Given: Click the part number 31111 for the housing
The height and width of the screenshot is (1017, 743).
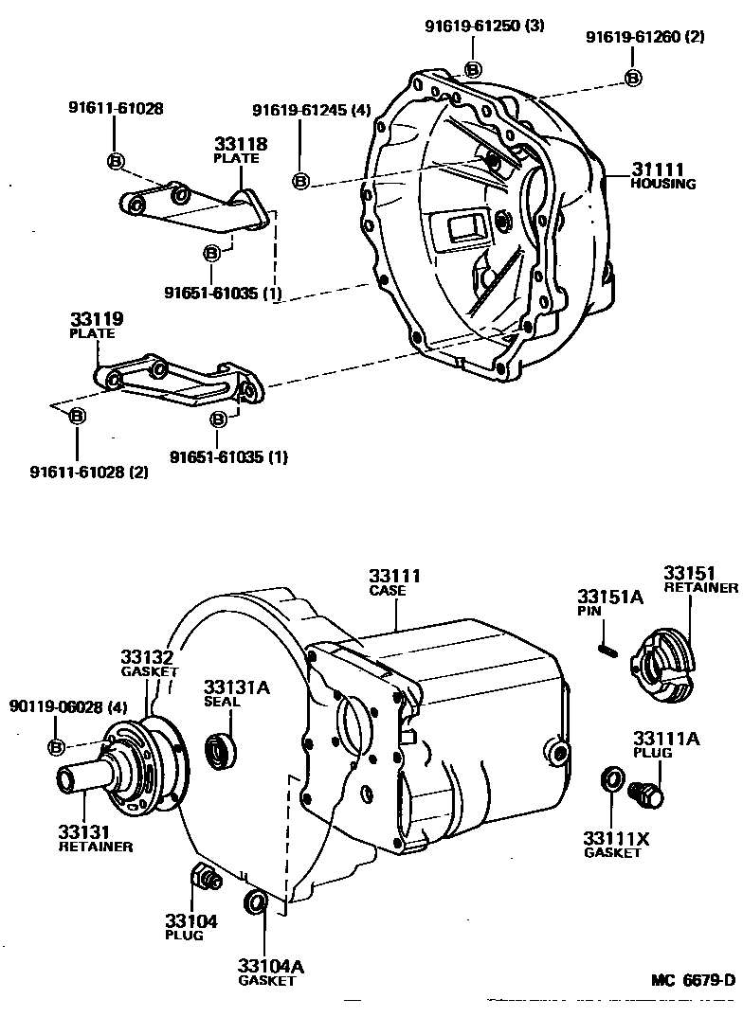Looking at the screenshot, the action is (658, 169).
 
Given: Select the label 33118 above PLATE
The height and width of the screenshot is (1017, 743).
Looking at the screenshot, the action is (241, 144).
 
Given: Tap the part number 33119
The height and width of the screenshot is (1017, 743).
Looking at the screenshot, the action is (97, 319).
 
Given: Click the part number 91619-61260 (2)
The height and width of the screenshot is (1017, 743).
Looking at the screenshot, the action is (645, 37).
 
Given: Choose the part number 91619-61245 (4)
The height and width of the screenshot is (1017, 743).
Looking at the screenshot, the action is (312, 111).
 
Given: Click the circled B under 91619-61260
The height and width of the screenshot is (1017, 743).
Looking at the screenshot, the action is (633, 78).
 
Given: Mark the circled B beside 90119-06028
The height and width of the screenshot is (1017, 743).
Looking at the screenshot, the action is (57, 747).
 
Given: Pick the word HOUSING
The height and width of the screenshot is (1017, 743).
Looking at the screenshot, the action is (663, 184).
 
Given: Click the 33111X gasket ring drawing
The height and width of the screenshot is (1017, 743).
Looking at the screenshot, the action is (612, 778).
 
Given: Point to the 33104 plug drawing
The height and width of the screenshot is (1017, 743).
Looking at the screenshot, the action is (205, 878).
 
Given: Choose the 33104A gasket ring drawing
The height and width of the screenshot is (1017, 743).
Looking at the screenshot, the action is (254, 902).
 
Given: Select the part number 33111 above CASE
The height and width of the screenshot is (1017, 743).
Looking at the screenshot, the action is (395, 576).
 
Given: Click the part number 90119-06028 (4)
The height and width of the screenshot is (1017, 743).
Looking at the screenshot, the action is (68, 706).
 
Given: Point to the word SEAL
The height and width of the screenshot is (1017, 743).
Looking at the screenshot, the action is (222, 701).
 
